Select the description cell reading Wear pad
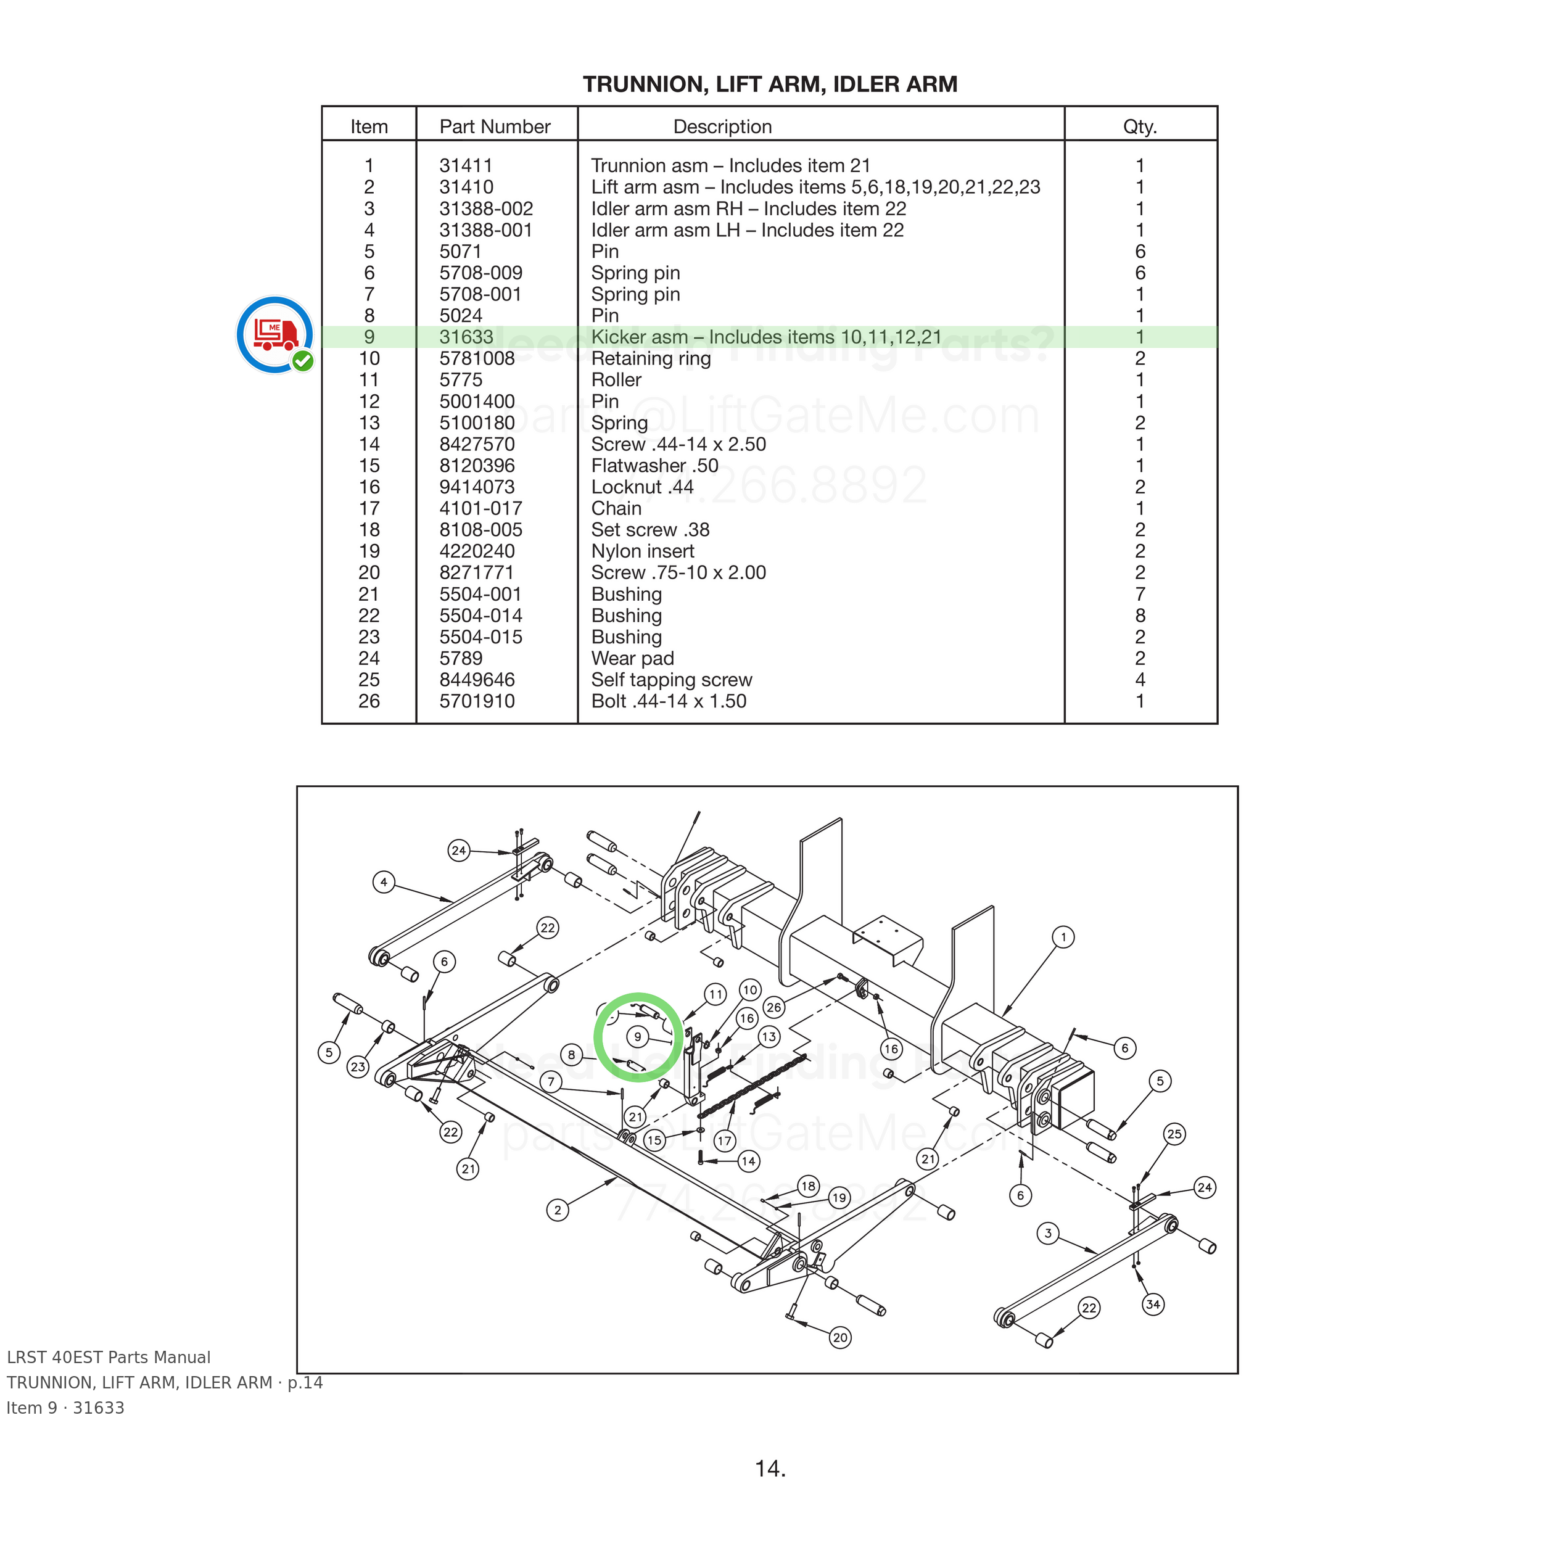[x=632, y=659]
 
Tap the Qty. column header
[x=1140, y=127]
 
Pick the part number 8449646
[x=477, y=680]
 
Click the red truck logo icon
[x=274, y=334]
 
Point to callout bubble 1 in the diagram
[x=1063, y=937]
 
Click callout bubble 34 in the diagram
[x=1153, y=1304]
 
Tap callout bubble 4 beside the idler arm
[x=384, y=882]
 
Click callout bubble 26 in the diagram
[x=773, y=1007]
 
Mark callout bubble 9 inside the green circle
[x=637, y=1037]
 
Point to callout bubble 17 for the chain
[x=725, y=1140]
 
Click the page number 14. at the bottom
[x=770, y=1469]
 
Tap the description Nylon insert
[x=643, y=551]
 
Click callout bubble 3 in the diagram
[x=1048, y=1233]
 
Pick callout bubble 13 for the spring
[x=768, y=1037]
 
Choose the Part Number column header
[x=495, y=127]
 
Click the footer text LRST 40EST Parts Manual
[x=109, y=1358]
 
